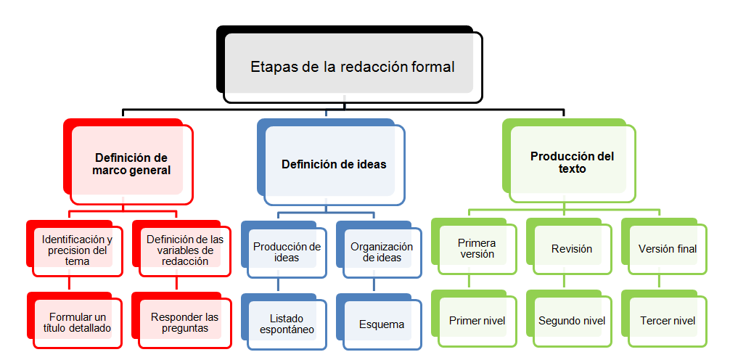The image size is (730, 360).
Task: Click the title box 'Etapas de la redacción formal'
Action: point(353,67)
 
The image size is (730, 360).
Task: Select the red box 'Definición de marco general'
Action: point(131,164)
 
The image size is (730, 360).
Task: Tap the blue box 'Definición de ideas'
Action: point(334,164)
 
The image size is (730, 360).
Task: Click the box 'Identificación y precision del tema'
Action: point(76,250)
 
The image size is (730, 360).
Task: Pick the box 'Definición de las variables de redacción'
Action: point(180,250)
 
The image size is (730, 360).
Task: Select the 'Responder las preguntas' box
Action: point(184,322)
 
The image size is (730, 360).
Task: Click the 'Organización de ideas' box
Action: point(382,252)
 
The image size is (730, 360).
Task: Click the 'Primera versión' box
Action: point(477,248)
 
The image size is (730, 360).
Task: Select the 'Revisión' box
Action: point(571,248)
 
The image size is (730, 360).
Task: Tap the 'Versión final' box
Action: point(667,248)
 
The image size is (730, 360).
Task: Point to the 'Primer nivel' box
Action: point(477,320)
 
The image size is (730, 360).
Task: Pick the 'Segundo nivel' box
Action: point(571,320)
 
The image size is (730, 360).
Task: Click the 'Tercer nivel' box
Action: point(667,320)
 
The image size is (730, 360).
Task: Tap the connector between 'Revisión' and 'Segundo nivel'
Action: point(565,282)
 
